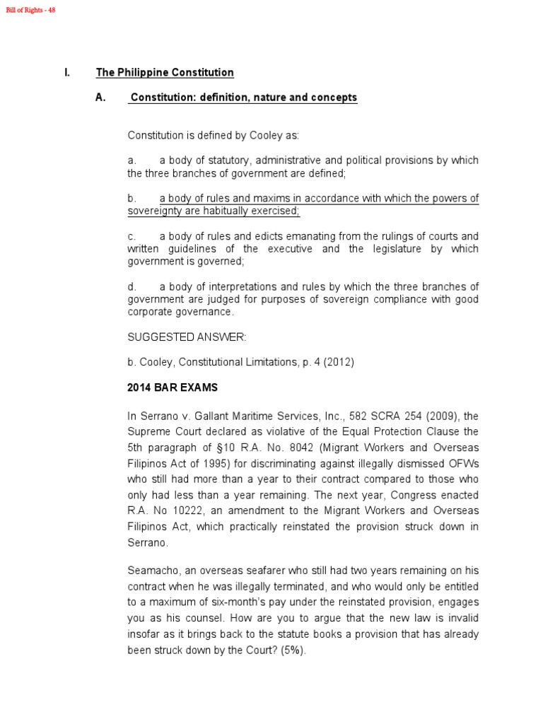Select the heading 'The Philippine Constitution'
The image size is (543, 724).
(165, 73)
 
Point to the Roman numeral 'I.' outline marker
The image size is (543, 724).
(66, 73)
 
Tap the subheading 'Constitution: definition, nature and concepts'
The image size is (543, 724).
(243, 98)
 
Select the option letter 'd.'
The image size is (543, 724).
(132, 286)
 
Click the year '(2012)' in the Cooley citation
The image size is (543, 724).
(338, 362)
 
